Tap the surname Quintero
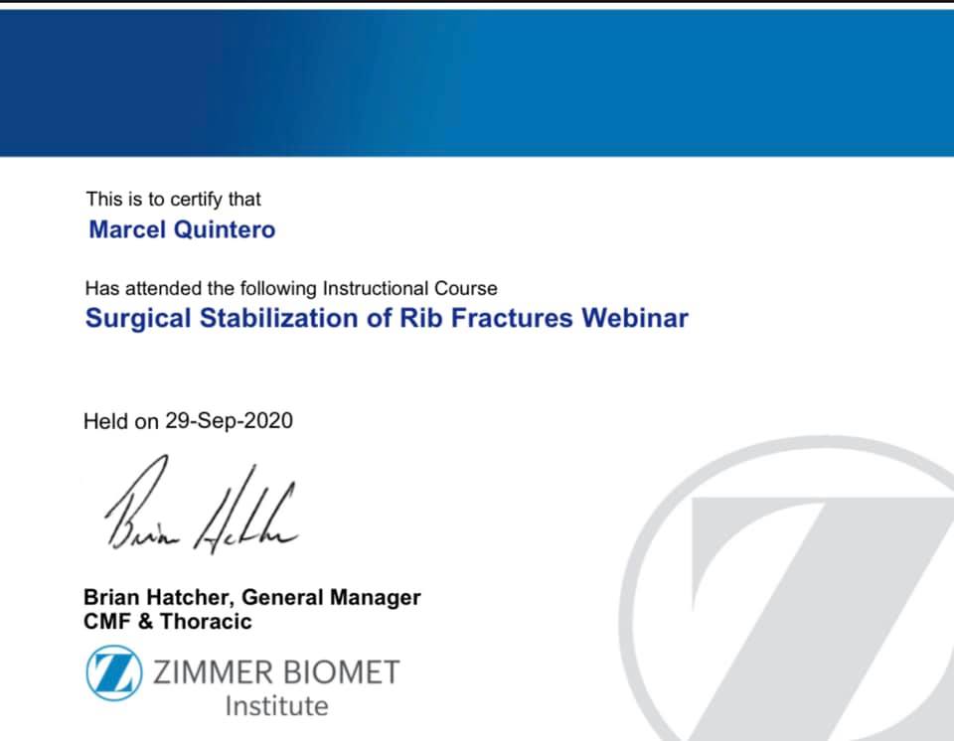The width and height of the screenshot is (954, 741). click(x=225, y=230)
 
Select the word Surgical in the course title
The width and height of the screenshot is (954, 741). click(x=138, y=318)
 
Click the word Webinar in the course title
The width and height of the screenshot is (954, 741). click(x=635, y=318)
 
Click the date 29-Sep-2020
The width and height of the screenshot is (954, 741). click(x=230, y=420)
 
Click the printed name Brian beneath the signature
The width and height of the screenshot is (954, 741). click(x=112, y=597)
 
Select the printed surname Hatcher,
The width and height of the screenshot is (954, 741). click(x=191, y=597)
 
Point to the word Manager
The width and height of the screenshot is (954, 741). click(x=375, y=597)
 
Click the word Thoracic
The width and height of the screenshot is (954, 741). click(x=206, y=621)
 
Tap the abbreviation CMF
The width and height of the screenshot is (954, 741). click(x=107, y=621)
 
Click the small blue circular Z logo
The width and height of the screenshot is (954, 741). click(x=114, y=672)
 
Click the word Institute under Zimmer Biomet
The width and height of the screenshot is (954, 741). click(x=277, y=706)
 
